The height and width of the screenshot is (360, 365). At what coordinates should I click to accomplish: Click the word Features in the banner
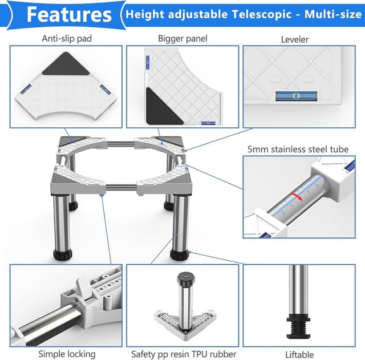pos(69,14)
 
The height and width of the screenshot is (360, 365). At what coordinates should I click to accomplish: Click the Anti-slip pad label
pos(67,38)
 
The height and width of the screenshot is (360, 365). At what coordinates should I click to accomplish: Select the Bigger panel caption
pos(182,38)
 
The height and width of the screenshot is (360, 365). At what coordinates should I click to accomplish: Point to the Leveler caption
pos(295,39)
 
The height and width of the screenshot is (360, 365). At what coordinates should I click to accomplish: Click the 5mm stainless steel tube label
pos(298,149)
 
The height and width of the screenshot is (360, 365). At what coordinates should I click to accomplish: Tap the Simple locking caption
pos(67,354)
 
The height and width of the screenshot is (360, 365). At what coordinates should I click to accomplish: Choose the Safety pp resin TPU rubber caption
pos(184,354)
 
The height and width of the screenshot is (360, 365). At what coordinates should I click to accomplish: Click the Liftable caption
pos(299,355)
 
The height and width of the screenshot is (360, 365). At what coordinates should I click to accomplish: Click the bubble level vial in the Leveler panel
pos(296,96)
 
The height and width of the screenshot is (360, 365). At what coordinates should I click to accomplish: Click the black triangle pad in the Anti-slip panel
pos(66,63)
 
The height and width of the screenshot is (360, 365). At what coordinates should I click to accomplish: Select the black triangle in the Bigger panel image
pos(163,107)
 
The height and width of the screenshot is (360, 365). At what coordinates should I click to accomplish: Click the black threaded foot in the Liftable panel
pos(298,326)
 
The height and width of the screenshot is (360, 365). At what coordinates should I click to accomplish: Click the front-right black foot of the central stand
pos(179,255)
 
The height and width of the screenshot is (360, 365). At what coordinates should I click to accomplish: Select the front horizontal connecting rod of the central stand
pos(121,187)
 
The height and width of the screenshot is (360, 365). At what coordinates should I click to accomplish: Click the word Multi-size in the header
pos(333,14)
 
